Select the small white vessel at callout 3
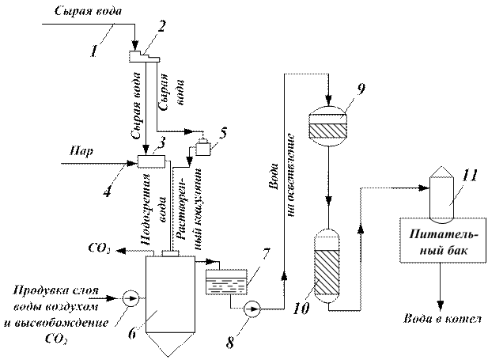(204, 148)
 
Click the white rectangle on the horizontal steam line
(150, 161)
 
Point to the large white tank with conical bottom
(170, 293)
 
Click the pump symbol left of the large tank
(131, 299)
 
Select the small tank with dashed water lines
(225, 282)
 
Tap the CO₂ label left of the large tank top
(100, 251)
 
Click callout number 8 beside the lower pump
(231, 342)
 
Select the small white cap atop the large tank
(170, 253)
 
